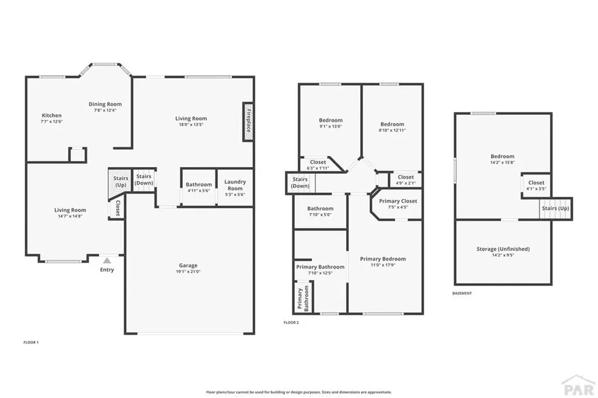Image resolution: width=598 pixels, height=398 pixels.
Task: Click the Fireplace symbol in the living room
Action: [248, 121]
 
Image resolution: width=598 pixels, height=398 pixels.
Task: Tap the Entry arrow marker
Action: [107, 261]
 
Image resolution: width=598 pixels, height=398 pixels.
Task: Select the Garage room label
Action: [188, 266]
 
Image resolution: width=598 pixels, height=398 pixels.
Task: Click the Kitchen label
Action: [51, 116]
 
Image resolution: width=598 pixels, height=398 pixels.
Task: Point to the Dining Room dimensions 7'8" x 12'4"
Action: [105, 110]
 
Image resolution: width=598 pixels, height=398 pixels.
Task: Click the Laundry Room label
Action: [235, 184]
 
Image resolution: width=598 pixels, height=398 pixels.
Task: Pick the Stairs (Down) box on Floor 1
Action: [144, 180]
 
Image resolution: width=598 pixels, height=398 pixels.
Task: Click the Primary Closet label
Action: [398, 201]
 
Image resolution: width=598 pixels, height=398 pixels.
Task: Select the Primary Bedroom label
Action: [383, 259]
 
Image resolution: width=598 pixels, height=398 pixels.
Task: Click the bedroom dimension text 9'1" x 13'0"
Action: [330, 126]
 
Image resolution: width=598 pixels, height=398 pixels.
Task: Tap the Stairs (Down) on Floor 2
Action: [300, 183]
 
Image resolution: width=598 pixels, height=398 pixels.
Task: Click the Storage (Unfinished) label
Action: [503, 249]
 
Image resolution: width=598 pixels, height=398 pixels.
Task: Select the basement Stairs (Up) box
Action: [555, 208]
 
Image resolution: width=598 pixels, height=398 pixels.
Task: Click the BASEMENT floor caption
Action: [462, 294]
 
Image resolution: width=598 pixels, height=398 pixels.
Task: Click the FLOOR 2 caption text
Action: [291, 323]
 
